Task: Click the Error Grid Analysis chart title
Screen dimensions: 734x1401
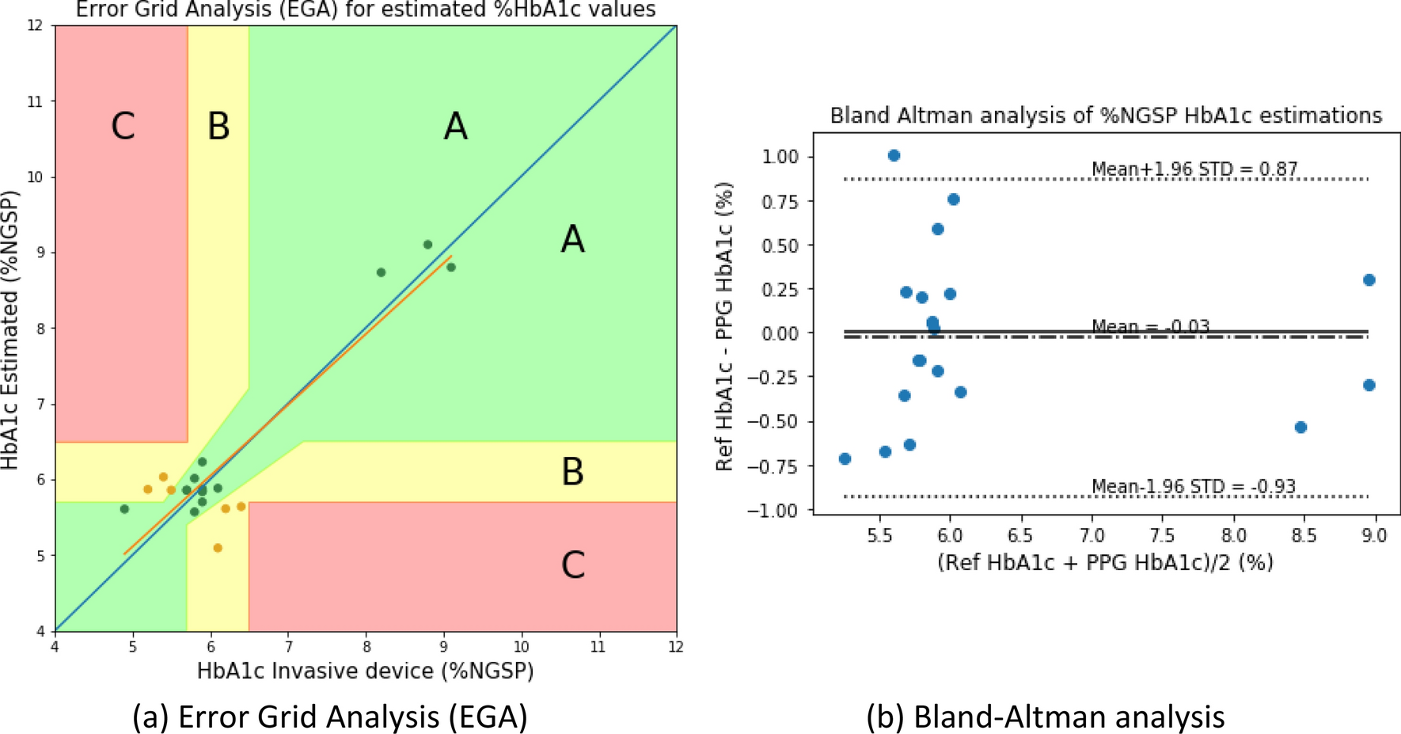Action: tap(365, 10)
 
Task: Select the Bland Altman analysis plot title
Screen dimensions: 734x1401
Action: tap(1106, 116)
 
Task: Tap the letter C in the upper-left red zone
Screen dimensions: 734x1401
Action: tap(123, 126)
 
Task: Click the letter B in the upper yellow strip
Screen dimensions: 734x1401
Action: tap(218, 126)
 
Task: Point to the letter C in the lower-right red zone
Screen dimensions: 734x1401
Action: tap(572, 565)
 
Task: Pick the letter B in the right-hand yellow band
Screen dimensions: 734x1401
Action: tap(572, 472)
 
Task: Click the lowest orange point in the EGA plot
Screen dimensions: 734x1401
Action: tap(218, 548)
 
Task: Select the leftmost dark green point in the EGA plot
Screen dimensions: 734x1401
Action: tap(124, 509)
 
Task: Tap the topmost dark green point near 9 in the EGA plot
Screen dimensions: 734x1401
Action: tap(427, 245)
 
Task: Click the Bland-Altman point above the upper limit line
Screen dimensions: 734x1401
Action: tap(894, 156)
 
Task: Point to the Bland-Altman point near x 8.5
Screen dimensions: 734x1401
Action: tap(1300, 428)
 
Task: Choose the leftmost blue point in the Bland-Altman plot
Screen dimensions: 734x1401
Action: tap(845, 459)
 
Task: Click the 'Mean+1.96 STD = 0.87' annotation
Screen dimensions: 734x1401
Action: tap(1194, 169)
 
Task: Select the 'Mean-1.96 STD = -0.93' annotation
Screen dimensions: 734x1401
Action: tap(1193, 486)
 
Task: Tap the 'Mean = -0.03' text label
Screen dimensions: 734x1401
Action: tap(1150, 326)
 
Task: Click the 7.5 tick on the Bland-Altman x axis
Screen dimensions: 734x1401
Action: tap(1162, 536)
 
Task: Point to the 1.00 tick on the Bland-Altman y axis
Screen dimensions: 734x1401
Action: tap(780, 157)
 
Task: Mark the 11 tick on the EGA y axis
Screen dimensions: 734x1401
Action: tap(35, 101)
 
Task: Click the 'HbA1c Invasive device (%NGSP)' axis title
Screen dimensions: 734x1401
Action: tap(365, 671)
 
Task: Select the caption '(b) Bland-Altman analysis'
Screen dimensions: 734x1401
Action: tap(1045, 717)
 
